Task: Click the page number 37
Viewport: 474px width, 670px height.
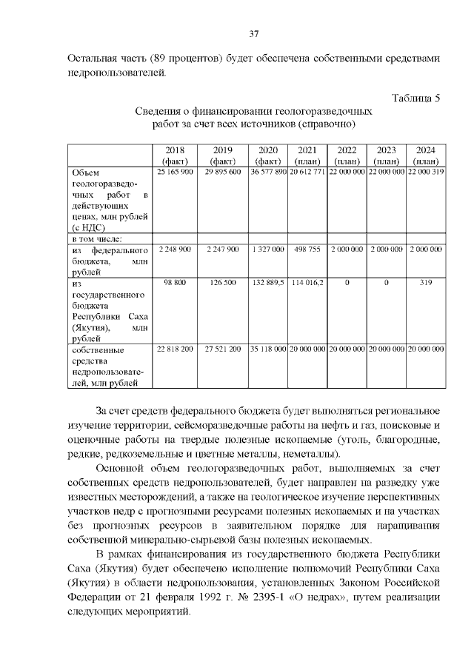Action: pyautogui.click(x=253, y=34)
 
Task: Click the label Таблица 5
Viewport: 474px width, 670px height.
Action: pyautogui.click(x=415, y=98)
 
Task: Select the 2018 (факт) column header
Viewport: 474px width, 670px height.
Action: pyautogui.click(x=176, y=155)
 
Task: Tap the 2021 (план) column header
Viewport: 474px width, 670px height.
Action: pyautogui.click(x=307, y=155)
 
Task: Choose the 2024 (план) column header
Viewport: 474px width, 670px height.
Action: pyautogui.click(x=425, y=155)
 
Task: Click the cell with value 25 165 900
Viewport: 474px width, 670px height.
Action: pyautogui.click(x=176, y=172)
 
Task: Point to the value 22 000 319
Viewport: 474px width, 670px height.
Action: pyautogui.click(x=425, y=172)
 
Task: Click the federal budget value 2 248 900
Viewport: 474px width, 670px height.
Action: pyautogui.click(x=176, y=249)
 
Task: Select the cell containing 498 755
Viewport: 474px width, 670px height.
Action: pyautogui.click(x=307, y=249)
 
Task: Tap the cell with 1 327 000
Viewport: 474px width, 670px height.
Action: pyautogui.click(x=267, y=249)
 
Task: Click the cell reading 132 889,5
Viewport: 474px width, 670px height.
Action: pyautogui.click(x=267, y=283)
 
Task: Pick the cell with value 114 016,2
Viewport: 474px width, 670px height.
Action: pyautogui.click(x=307, y=283)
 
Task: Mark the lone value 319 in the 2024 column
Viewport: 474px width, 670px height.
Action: pyautogui.click(x=425, y=283)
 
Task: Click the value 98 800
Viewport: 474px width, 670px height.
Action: pyautogui.click(x=176, y=283)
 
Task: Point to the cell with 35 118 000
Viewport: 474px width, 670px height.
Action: pyautogui.click(x=267, y=348)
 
